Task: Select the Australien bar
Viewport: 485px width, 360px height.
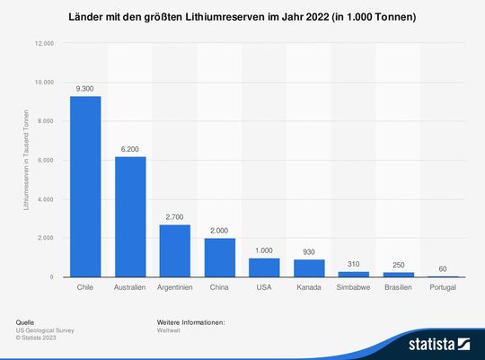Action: coord(130,216)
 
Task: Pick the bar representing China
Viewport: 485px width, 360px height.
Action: coord(219,258)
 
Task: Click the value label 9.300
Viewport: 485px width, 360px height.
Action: coord(85,88)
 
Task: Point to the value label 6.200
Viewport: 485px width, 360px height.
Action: coord(130,149)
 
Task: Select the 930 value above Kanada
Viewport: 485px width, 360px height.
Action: coord(309,251)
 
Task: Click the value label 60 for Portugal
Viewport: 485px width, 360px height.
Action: coord(444,268)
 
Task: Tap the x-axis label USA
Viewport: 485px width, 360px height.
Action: coord(264,287)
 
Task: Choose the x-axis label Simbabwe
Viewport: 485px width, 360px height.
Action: coord(354,287)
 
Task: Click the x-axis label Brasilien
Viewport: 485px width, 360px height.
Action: coord(398,287)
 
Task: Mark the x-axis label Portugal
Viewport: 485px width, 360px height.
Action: coord(444,287)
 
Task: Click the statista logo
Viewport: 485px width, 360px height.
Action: coord(439,343)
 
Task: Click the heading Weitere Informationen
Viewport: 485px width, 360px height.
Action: coord(190,321)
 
